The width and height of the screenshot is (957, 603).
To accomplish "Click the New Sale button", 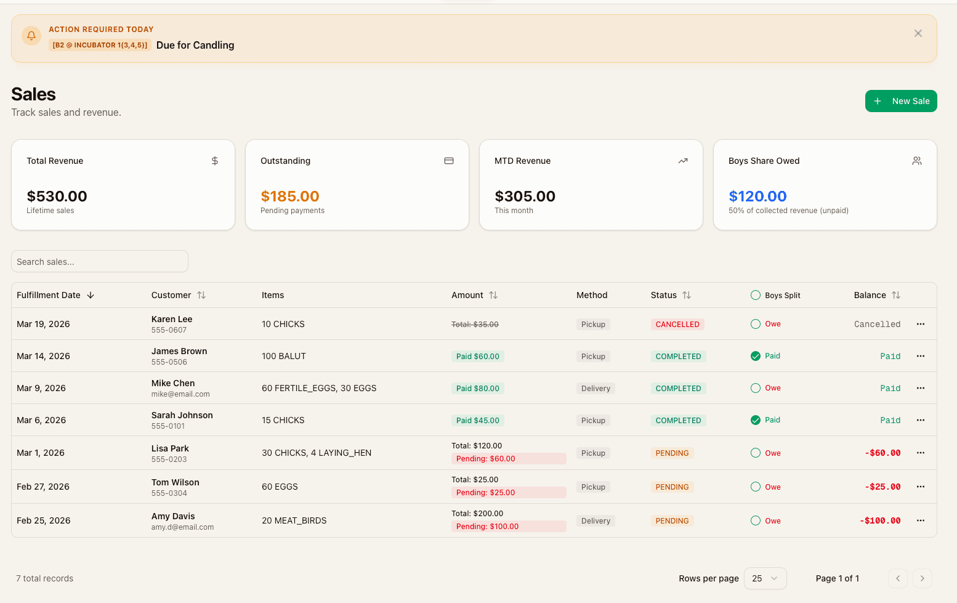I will tap(900, 101).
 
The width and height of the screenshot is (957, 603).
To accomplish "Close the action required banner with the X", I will tap(918, 33).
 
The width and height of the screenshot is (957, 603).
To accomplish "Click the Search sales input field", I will tap(100, 262).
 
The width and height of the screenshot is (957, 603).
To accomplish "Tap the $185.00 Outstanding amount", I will tap(290, 196).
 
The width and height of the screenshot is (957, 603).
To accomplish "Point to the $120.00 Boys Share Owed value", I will tap(757, 196).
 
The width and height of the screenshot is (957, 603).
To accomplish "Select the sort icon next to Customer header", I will tap(201, 295).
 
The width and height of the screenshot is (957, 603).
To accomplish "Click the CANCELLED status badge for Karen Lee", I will tap(677, 325).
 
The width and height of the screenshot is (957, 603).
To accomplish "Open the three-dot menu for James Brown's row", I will tap(920, 356).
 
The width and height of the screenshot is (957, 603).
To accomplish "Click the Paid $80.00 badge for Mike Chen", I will tap(477, 389).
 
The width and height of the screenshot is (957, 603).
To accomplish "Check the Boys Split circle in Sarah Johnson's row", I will tap(756, 420).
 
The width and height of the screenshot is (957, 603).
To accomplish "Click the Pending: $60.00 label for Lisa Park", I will tap(485, 459).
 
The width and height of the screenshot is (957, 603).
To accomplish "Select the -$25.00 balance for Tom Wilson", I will tap(882, 487).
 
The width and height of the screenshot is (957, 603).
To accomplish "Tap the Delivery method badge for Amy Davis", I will tap(596, 521).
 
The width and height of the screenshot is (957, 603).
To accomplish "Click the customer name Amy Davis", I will tap(173, 516).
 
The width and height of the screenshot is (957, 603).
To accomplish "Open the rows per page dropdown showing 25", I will tap(765, 578).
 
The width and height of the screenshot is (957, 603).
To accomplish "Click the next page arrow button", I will tap(922, 578).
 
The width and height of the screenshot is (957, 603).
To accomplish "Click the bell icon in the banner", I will tap(31, 36).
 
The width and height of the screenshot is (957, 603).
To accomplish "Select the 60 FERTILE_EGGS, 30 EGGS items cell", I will tap(319, 388).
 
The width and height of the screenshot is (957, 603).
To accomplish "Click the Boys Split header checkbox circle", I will tap(756, 295).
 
